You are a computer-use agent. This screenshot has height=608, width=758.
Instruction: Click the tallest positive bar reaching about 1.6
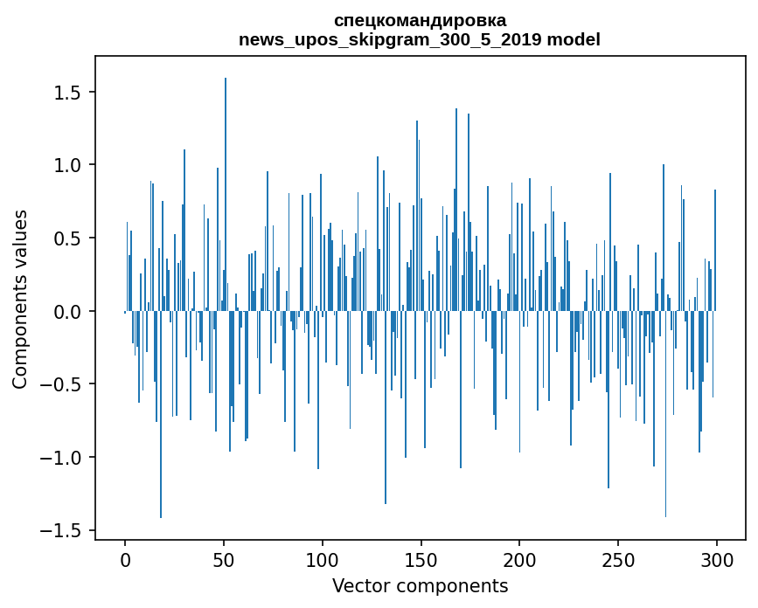point(226,194)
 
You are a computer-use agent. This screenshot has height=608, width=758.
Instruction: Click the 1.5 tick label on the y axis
point(67,93)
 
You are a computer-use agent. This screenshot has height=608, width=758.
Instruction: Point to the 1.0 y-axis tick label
point(67,166)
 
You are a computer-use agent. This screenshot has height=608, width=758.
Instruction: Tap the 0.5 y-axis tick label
point(67,238)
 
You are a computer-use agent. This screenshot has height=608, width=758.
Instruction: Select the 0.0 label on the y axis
point(67,312)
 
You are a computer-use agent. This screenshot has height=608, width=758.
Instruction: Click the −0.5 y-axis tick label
point(60,385)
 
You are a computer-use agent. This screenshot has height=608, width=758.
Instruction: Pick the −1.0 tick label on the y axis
point(60,458)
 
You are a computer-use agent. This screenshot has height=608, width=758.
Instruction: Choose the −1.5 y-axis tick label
point(60,531)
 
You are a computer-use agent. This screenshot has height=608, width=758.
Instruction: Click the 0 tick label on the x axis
point(125,561)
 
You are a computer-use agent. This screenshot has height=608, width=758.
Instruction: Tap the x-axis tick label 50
point(224,561)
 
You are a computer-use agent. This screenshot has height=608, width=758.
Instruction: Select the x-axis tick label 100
point(322,561)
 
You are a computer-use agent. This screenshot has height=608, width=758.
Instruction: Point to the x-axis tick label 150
point(421,561)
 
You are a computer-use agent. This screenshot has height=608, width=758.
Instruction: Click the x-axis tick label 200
point(519,561)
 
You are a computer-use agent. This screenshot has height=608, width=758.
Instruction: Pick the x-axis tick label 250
point(618,561)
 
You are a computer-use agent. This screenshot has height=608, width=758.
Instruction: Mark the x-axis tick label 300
point(716,561)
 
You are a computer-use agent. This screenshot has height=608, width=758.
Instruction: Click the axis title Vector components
point(420,586)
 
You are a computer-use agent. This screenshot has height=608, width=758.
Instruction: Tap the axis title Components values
point(20,299)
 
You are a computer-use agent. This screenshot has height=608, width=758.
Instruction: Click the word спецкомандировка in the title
point(420,21)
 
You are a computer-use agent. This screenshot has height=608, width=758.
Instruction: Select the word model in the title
point(574,39)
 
